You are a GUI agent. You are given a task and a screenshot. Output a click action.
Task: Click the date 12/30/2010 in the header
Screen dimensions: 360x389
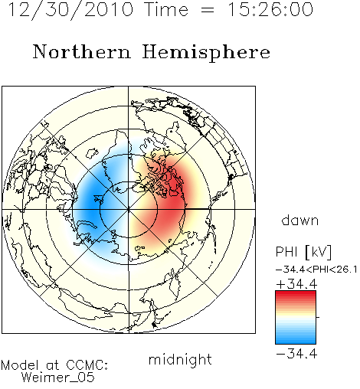point(70,10)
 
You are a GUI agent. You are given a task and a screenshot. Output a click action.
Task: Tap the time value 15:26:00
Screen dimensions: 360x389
point(270,9)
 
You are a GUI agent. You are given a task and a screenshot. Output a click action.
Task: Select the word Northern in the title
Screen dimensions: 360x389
point(82,52)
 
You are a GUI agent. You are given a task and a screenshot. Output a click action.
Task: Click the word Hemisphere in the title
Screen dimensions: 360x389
point(206,53)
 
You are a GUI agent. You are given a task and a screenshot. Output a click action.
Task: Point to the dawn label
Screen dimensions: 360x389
point(300,220)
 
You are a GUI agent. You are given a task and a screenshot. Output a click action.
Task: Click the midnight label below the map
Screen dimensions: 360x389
point(180,360)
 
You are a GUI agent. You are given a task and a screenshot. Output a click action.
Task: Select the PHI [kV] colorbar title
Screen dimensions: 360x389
point(303,252)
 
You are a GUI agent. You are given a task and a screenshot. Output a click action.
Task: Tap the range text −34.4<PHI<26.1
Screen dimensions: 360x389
point(316,270)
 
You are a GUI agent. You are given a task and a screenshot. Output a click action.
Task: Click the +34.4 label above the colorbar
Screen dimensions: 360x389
point(297,284)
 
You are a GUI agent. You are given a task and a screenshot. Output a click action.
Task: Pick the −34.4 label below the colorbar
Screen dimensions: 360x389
point(297,354)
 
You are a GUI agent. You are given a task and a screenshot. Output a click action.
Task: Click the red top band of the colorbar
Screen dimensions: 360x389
point(296,294)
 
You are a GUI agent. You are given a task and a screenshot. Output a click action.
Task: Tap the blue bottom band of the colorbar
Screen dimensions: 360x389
point(296,340)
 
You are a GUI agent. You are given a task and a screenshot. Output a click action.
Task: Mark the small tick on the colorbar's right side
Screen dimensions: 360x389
point(318,317)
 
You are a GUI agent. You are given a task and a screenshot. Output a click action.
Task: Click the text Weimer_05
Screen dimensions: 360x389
point(58,377)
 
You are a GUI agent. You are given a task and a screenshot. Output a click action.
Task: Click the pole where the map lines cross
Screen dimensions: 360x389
point(129,209)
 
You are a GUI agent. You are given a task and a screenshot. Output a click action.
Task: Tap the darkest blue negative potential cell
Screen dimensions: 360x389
point(93,204)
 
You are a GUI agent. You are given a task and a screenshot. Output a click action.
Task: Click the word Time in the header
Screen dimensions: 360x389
point(166,9)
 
